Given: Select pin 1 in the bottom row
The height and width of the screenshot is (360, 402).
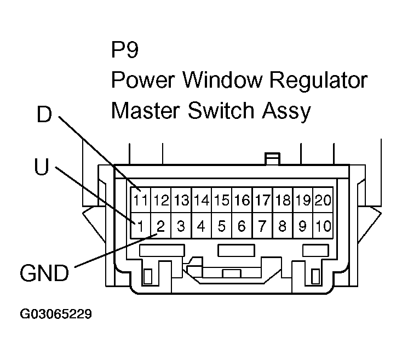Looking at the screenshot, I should click(x=141, y=226).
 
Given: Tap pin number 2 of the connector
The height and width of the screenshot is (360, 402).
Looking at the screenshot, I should click(x=161, y=226).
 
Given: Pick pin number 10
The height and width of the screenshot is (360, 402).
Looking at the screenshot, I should click(x=323, y=226).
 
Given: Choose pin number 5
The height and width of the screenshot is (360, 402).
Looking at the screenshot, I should click(x=222, y=226).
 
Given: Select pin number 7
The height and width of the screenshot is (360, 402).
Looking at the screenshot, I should click(x=262, y=226).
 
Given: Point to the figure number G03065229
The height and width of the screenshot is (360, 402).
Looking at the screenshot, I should click(x=55, y=315).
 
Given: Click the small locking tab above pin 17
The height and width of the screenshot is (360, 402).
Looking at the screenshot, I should click(x=272, y=159).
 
